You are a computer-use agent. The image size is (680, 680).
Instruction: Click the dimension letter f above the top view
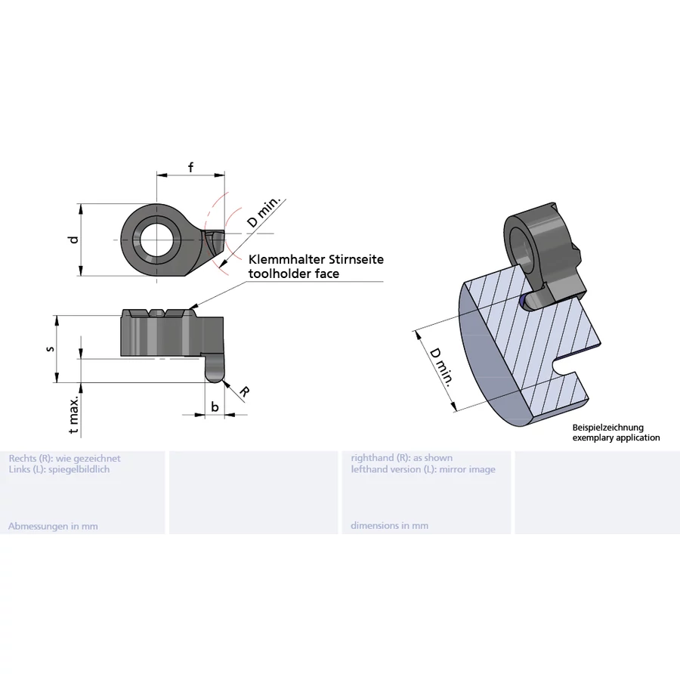pyautogui.click(x=190, y=168)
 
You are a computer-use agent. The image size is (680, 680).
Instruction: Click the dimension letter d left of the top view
pyautogui.click(x=73, y=240)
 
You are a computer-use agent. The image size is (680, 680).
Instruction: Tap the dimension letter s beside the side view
pyautogui.click(x=50, y=349)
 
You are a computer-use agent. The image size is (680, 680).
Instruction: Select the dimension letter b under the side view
pyautogui.click(x=215, y=407)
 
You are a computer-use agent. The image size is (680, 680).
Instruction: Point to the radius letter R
pyautogui.click(x=244, y=391)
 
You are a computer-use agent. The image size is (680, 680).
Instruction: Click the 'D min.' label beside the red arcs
pyautogui.click(x=264, y=213)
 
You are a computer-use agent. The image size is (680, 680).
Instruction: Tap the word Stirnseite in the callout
pyautogui.click(x=356, y=259)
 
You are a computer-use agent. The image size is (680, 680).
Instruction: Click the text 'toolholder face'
pyautogui.click(x=294, y=274)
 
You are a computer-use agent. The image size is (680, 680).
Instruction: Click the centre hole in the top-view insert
pyautogui.click(x=157, y=240)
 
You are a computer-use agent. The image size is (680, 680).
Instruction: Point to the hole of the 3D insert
pyautogui.click(x=522, y=246)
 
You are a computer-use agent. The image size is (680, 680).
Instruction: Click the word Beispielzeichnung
pyautogui.click(x=607, y=428)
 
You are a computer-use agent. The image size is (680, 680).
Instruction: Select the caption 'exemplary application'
pyautogui.click(x=616, y=437)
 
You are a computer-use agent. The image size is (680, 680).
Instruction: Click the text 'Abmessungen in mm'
pyautogui.click(x=53, y=526)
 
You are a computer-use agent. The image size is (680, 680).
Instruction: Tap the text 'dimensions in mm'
pyautogui.click(x=389, y=526)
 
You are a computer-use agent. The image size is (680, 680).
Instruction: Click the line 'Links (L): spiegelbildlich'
pyautogui.click(x=59, y=469)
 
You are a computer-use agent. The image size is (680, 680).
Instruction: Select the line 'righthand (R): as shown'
pyautogui.click(x=402, y=458)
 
